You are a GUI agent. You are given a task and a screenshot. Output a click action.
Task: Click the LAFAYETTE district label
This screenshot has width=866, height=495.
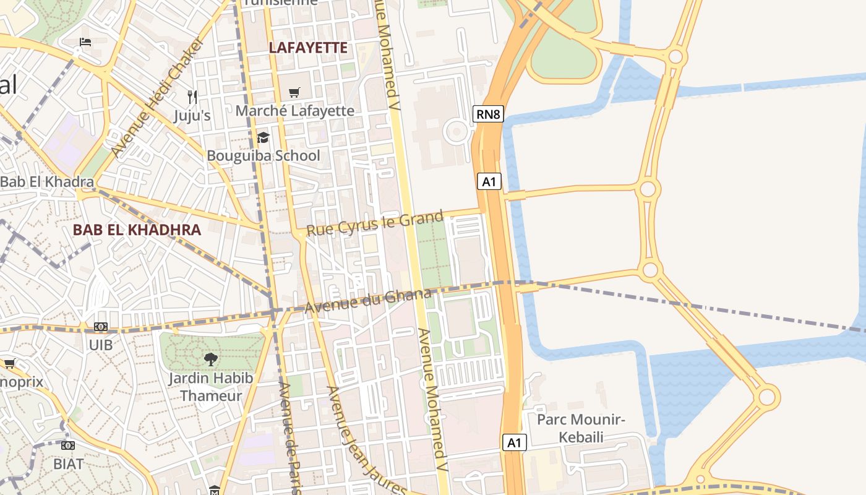point(308,48)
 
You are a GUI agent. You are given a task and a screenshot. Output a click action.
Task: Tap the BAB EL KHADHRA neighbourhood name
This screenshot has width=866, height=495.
point(137,230)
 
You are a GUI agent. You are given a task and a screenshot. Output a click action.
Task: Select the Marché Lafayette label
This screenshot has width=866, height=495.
point(294,111)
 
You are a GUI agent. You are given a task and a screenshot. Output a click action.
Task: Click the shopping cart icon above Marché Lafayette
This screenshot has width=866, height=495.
point(294,92)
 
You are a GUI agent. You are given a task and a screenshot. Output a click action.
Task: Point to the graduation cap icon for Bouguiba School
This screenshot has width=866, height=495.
point(263,137)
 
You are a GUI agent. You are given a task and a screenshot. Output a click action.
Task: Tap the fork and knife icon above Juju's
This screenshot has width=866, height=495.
point(192,97)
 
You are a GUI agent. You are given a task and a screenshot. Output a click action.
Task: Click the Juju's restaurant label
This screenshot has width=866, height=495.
point(192,116)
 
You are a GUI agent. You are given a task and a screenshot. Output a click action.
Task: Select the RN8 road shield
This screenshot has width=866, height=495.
point(487,114)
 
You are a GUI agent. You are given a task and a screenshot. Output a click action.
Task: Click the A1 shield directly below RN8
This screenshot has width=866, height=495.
point(489,181)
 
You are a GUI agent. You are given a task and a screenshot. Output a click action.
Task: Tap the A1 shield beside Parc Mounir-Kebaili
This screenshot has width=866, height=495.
point(515,442)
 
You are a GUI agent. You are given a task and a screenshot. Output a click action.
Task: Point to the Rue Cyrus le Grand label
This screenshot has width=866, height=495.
point(375,223)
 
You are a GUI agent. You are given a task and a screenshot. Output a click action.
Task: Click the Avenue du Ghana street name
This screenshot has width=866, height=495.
point(367,301)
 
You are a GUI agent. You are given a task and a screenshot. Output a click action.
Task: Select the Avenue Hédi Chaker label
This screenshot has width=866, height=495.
point(157,97)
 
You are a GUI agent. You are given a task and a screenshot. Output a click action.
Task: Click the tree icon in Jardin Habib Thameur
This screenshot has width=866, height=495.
point(211,358)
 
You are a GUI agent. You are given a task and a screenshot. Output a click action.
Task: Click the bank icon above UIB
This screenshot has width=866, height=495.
point(101,327)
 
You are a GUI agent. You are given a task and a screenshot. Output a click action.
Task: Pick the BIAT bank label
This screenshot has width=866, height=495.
point(68,463)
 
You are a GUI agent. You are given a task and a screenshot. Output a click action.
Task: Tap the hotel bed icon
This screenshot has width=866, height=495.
point(85,42)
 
